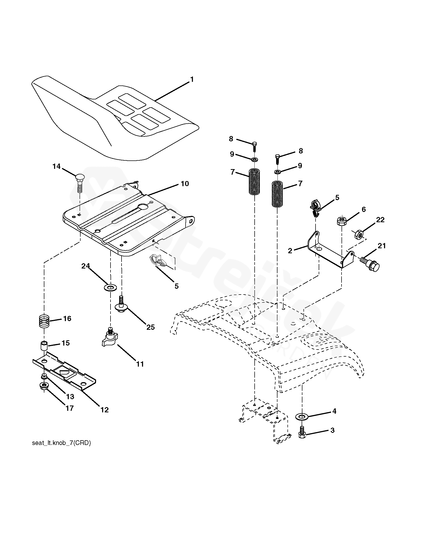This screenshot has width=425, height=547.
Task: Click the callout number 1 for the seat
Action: [192, 79]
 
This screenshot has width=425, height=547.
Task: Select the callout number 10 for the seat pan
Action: [185, 184]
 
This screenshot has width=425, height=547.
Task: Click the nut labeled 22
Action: [358, 234]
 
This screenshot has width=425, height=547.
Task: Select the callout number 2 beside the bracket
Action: [290, 251]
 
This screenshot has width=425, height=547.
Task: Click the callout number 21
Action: [381, 246]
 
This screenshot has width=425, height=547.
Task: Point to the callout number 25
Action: [150, 327]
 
